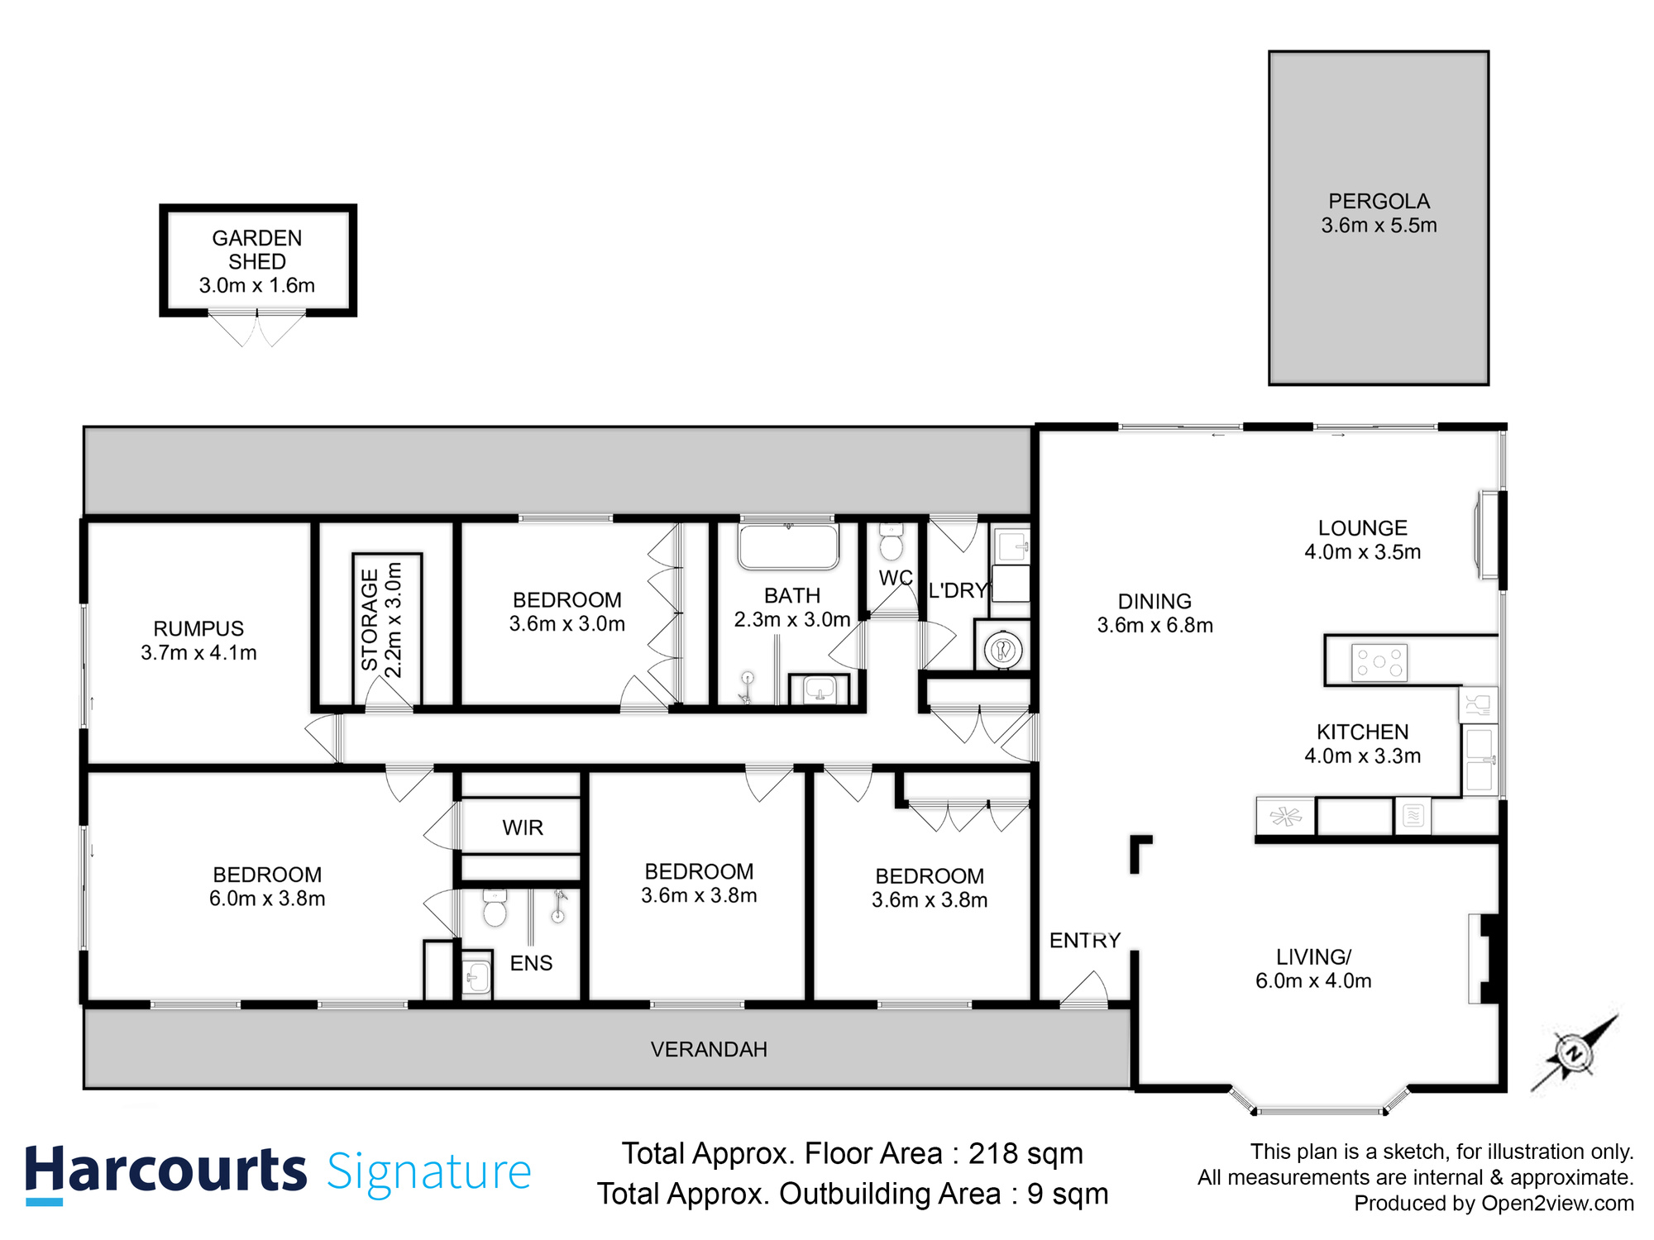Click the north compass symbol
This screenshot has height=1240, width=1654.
(x=1574, y=1054)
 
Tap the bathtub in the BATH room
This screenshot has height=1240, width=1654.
(x=788, y=546)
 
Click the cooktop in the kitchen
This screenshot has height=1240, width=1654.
(x=1379, y=662)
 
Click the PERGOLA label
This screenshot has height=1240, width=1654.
(x=1379, y=201)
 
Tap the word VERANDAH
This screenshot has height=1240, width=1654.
(x=709, y=1049)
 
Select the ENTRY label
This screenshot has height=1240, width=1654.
(x=1084, y=940)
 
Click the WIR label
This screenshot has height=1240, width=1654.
(x=523, y=827)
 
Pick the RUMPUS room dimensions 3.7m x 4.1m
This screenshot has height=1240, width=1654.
(x=198, y=652)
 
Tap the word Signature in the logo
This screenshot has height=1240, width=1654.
(x=428, y=1171)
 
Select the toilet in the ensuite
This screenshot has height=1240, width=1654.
(x=495, y=909)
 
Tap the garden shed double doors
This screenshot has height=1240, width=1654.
(x=257, y=328)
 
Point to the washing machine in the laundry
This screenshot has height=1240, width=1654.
(x=1003, y=650)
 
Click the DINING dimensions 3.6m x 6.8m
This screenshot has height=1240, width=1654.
(x=1154, y=625)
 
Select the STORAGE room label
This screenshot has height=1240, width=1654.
(x=369, y=620)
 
